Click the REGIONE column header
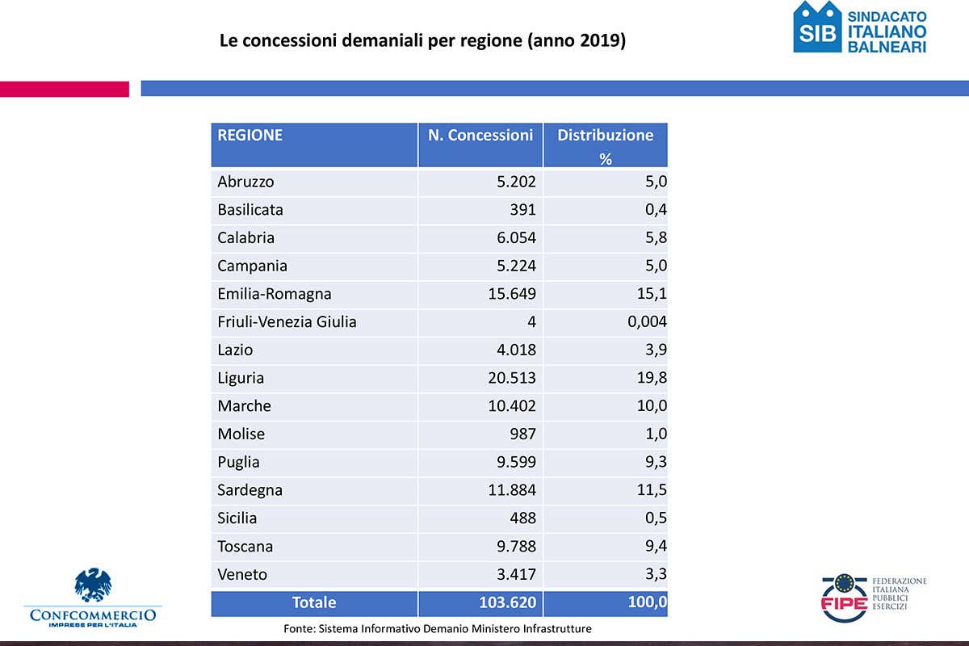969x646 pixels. (x=250, y=136)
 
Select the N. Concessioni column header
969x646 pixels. (x=480, y=136)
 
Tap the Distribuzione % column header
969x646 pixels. (x=606, y=145)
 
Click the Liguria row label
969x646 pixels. (x=241, y=378)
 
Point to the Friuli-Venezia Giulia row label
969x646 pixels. (x=287, y=322)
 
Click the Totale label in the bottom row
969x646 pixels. (x=314, y=602)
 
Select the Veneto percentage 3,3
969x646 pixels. (x=655, y=575)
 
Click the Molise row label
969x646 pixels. (x=241, y=434)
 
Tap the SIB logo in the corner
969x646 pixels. (x=817, y=27)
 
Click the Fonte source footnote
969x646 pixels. (x=438, y=628)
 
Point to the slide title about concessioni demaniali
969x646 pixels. (x=422, y=40)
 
